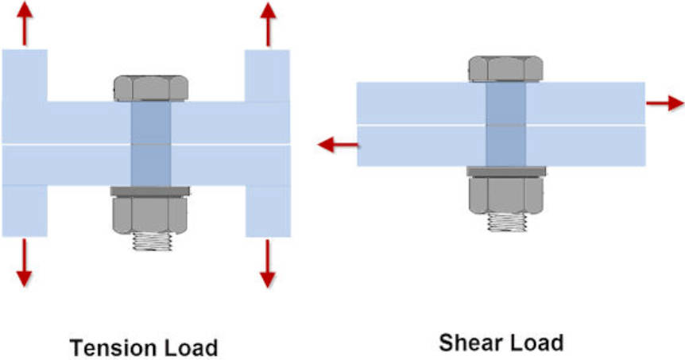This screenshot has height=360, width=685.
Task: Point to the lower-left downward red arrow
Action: point(25,263)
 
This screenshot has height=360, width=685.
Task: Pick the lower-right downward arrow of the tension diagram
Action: point(268,263)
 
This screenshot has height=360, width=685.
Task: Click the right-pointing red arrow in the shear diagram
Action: point(664,103)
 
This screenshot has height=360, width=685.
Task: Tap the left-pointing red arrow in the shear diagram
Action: point(337,145)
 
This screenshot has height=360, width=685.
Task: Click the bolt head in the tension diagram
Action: point(150,88)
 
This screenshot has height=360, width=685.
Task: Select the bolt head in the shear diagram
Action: point(506,69)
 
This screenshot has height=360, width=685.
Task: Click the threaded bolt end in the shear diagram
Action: point(506,223)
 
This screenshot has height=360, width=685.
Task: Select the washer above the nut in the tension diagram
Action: point(149,191)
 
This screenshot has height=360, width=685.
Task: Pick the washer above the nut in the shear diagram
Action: point(506,171)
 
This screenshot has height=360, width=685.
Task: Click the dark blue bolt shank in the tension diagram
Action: point(149,143)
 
